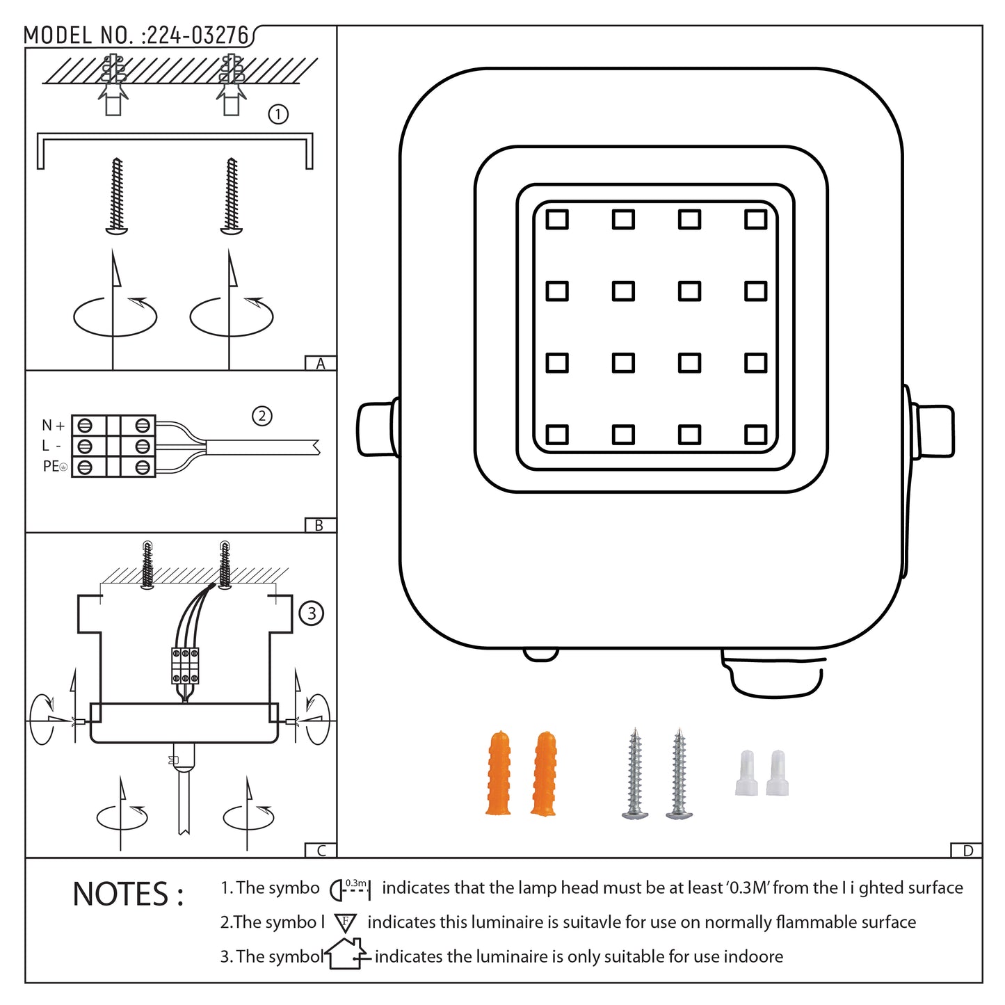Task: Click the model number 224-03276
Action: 197,35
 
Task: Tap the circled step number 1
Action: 278,114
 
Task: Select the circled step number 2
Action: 262,416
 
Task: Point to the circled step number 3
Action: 311,613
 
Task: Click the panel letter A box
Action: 321,363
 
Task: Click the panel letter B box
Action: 320,525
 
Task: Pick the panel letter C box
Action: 321,850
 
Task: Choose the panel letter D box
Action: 967,850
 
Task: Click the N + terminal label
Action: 53,425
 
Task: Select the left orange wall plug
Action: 499,773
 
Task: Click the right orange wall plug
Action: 544,773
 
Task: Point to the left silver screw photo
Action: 635,773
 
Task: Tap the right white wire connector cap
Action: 778,773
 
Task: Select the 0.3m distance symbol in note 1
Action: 351,889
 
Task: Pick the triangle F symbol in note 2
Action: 346,923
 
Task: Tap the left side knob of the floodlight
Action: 376,429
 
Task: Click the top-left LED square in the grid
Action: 557,220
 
